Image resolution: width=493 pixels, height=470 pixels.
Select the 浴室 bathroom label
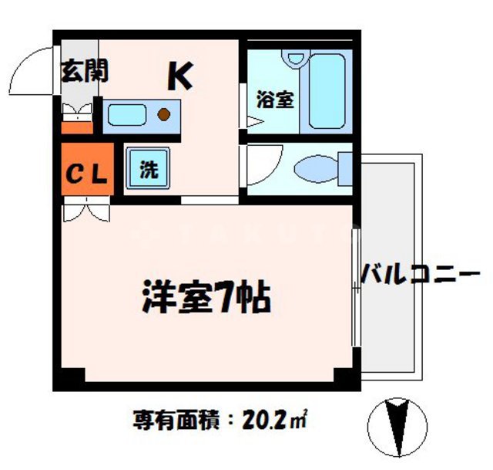pos(275,100)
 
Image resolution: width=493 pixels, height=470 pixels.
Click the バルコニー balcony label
pos(421,274)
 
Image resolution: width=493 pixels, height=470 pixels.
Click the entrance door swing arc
pos(35,73)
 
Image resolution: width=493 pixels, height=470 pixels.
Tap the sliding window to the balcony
pos(356,286)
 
